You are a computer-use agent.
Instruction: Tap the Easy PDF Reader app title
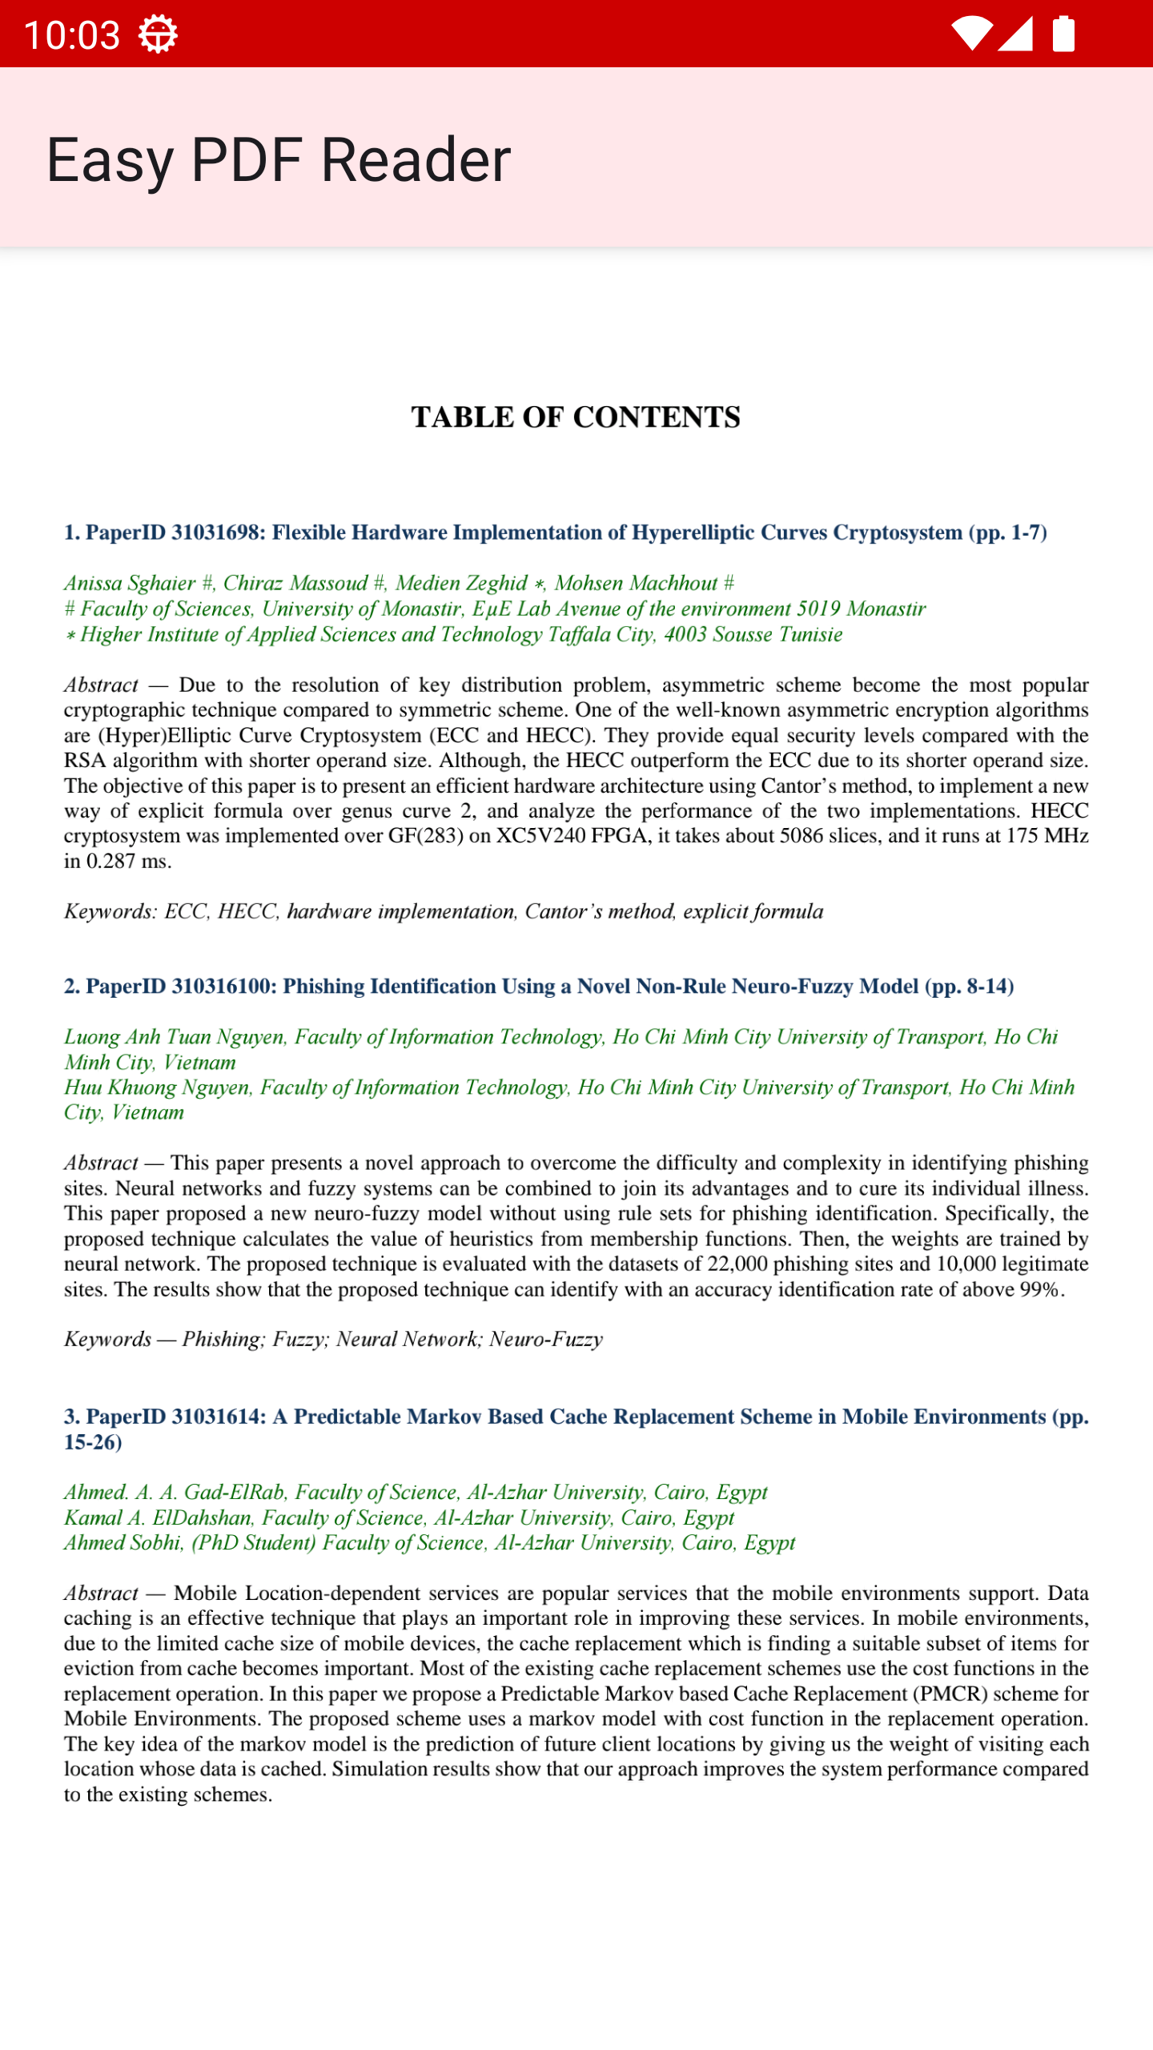pos(278,159)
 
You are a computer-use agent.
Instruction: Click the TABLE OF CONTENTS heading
pos(576,417)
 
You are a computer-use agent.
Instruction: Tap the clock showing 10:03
pos(72,35)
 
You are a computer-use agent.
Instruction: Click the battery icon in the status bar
pos(1063,34)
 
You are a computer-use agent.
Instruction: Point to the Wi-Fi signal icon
pos(971,34)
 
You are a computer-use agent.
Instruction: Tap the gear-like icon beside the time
pos(158,34)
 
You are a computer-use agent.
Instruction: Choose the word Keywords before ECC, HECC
pos(109,911)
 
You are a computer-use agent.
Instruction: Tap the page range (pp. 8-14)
pos(969,987)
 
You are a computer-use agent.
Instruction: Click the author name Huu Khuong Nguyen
pos(157,1087)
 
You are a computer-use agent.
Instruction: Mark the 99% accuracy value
pos(1039,1290)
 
